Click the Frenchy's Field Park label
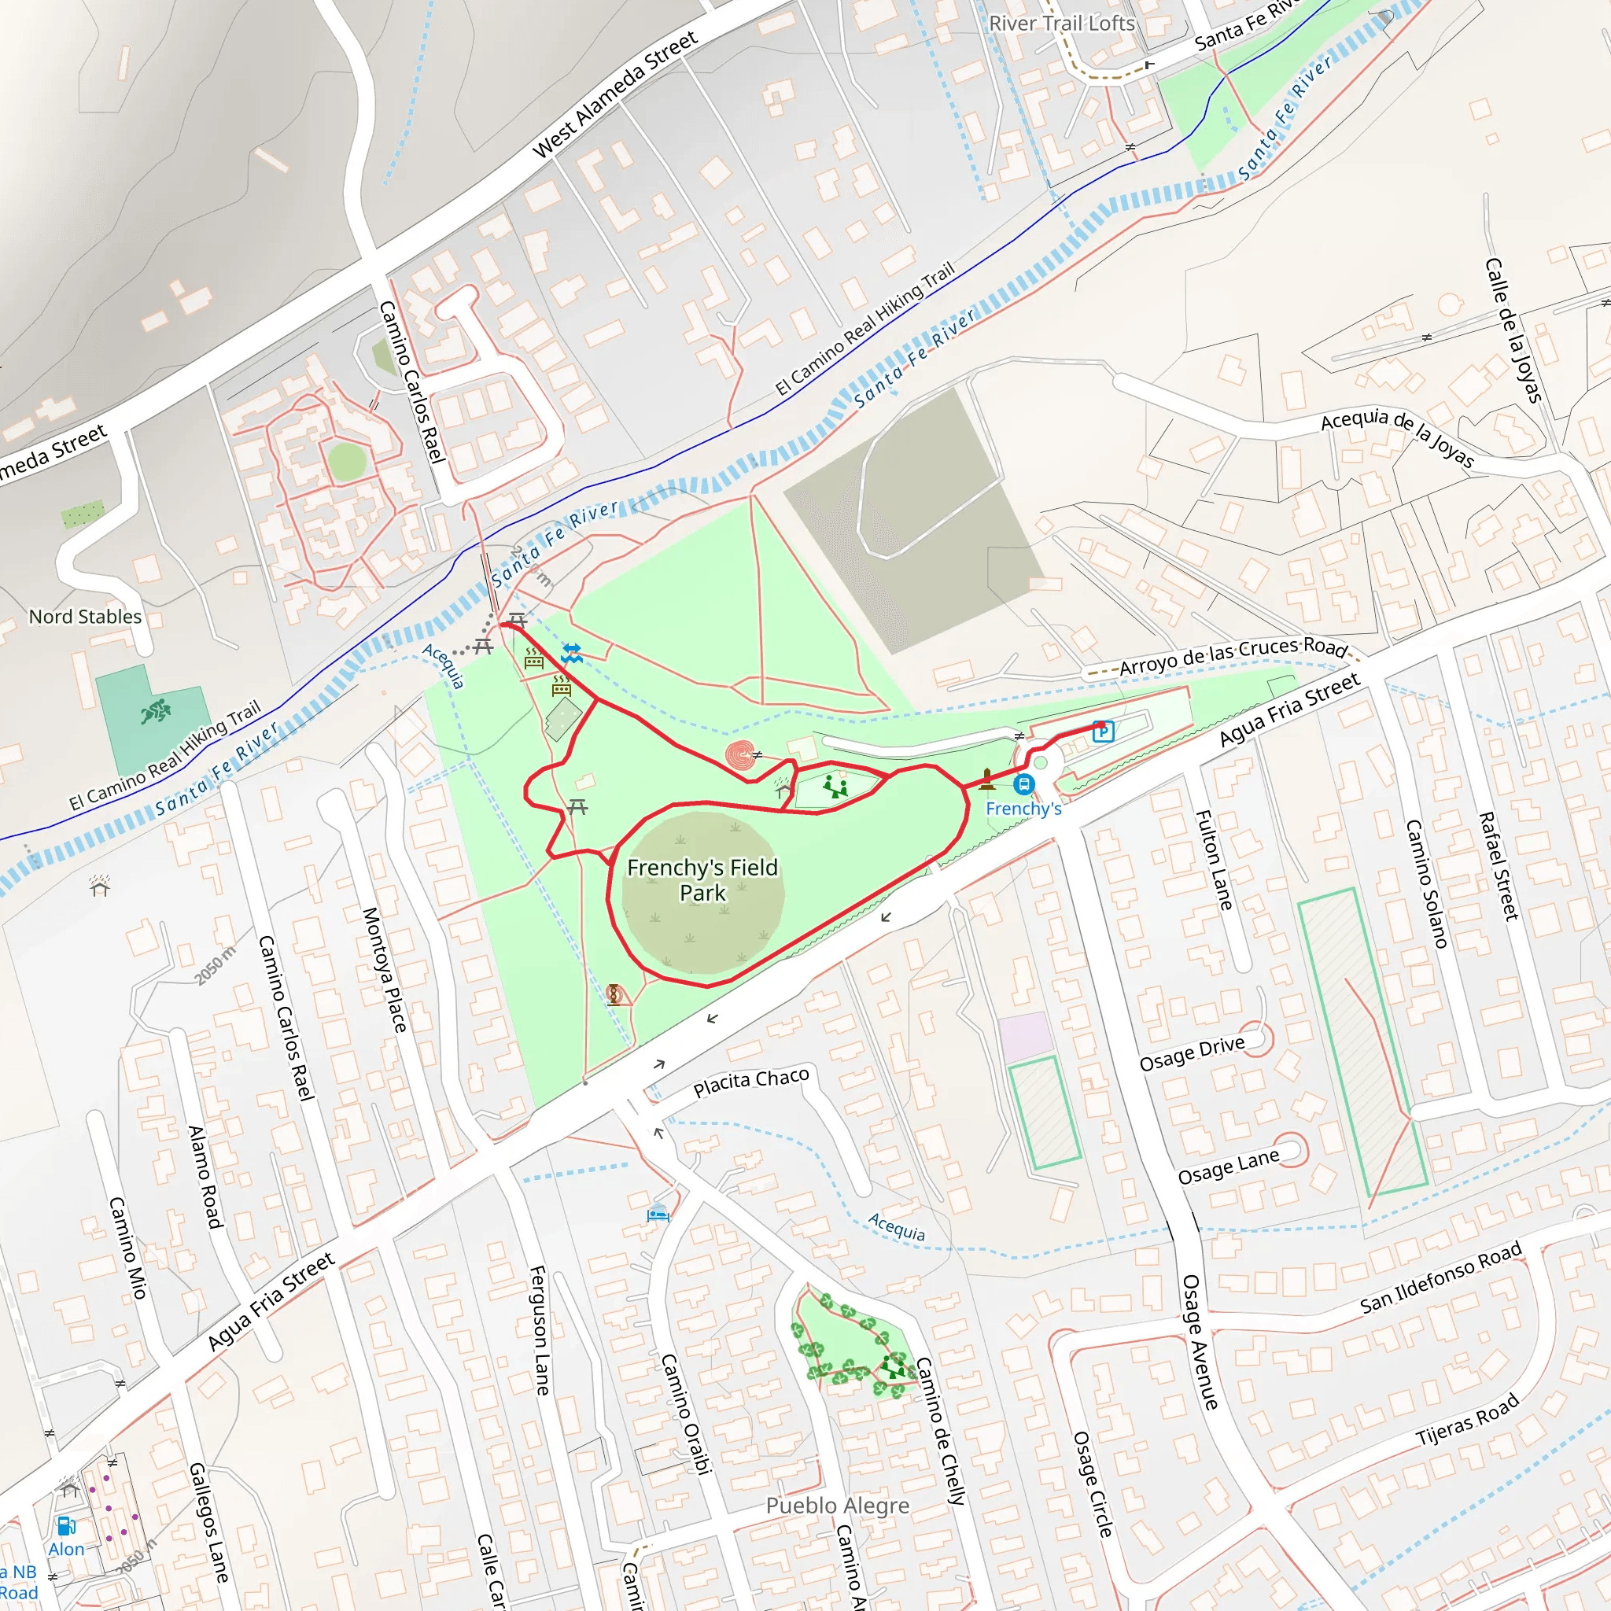pos(702,879)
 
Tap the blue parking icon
pos(1103,732)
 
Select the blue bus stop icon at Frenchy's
pos(1024,784)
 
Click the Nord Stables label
pos(85,617)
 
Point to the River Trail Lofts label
pos(1061,24)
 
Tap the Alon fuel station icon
pos(66,1526)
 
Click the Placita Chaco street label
pos(750,1082)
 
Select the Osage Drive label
pos(1192,1054)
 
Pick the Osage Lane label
pos(1227,1167)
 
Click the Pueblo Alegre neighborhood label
pos(837,1505)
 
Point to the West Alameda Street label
pos(614,94)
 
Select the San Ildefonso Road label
pos(1440,1277)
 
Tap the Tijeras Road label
pos(1467,1421)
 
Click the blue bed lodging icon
pos(658,1214)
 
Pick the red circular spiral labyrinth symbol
pos(739,755)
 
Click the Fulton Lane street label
pos(1213,860)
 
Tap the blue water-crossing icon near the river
pos(572,654)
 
